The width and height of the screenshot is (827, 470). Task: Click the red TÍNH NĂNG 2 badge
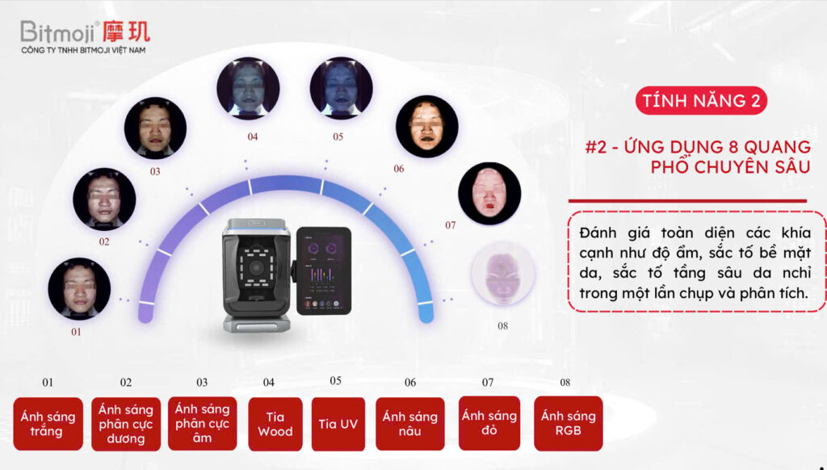(x=700, y=101)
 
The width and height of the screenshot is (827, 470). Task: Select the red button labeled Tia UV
(x=338, y=424)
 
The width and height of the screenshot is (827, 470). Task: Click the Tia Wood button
(x=275, y=424)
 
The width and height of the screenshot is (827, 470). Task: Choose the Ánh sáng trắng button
(x=48, y=424)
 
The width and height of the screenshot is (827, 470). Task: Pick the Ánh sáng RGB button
(x=568, y=424)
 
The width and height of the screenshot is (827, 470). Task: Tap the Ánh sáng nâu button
(x=409, y=424)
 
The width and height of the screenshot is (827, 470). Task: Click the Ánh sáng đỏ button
(x=489, y=424)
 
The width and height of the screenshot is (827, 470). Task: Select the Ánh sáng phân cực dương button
(x=125, y=424)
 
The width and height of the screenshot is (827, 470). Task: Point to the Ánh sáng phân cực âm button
(x=202, y=424)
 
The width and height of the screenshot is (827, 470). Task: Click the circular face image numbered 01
(x=79, y=289)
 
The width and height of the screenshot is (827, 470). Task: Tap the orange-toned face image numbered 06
(x=426, y=127)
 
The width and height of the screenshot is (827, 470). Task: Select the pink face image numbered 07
(x=489, y=193)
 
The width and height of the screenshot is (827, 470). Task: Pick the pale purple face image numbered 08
(x=502, y=274)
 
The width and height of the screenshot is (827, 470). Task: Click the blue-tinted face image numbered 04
(x=248, y=89)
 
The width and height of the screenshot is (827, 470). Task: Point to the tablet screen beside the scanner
(x=323, y=271)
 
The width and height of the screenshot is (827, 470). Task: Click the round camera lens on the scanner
(x=256, y=267)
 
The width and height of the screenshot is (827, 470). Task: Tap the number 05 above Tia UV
(x=335, y=381)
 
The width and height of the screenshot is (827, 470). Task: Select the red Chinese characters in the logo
(x=127, y=31)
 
